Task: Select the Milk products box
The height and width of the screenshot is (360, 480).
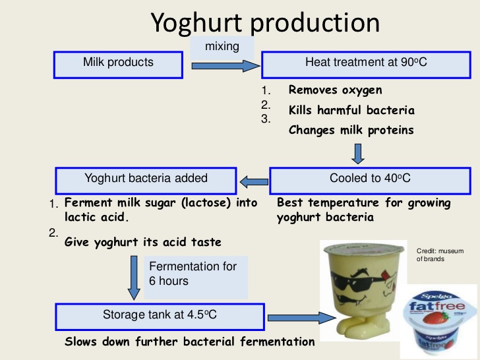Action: [118, 63]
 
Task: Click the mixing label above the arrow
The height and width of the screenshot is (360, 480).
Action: [222, 47]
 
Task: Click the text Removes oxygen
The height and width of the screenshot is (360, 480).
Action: [335, 90]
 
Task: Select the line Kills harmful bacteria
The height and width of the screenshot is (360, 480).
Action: [351, 110]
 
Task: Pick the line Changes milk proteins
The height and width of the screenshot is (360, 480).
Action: [351, 130]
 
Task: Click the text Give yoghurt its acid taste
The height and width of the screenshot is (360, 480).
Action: [143, 242]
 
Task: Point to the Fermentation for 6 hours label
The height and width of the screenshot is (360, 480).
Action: [196, 274]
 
